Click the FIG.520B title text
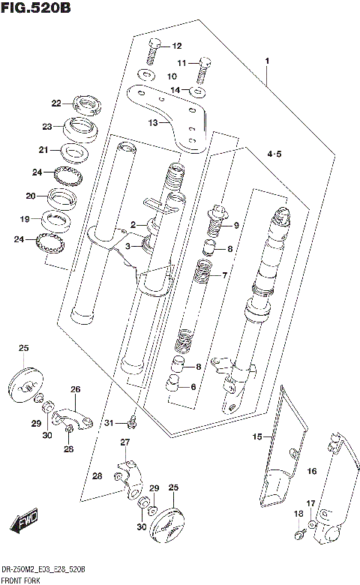(x=35, y=10)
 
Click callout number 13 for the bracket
(x=154, y=123)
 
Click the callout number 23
(x=46, y=126)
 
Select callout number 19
(x=25, y=219)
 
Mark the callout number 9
(x=236, y=226)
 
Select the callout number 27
(x=125, y=442)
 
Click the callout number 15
(x=257, y=436)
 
